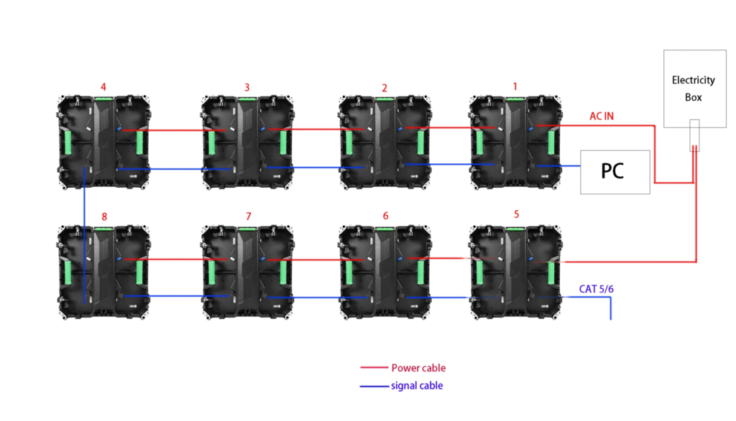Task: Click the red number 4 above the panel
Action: [x=103, y=87]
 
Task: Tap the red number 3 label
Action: [x=247, y=87]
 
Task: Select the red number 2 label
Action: [x=385, y=88]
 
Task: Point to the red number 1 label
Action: [x=515, y=86]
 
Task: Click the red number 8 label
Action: [x=104, y=217]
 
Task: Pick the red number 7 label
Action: [x=248, y=216]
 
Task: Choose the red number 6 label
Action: [x=385, y=216]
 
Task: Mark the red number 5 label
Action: [x=516, y=214]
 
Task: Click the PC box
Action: [x=615, y=172]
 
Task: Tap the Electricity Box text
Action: [x=694, y=89]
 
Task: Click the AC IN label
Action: [x=602, y=116]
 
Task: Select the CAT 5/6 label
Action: [x=596, y=289]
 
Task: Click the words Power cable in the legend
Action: [x=418, y=368]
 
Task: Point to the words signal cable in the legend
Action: [x=417, y=386]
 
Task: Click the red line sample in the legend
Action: [x=374, y=368]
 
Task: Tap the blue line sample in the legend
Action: [x=374, y=386]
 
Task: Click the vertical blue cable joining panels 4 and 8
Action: [x=85, y=235]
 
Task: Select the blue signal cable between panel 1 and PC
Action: [x=558, y=166]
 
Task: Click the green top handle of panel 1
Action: [x=515, y=99]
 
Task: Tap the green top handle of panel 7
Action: [x=247, y=229]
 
